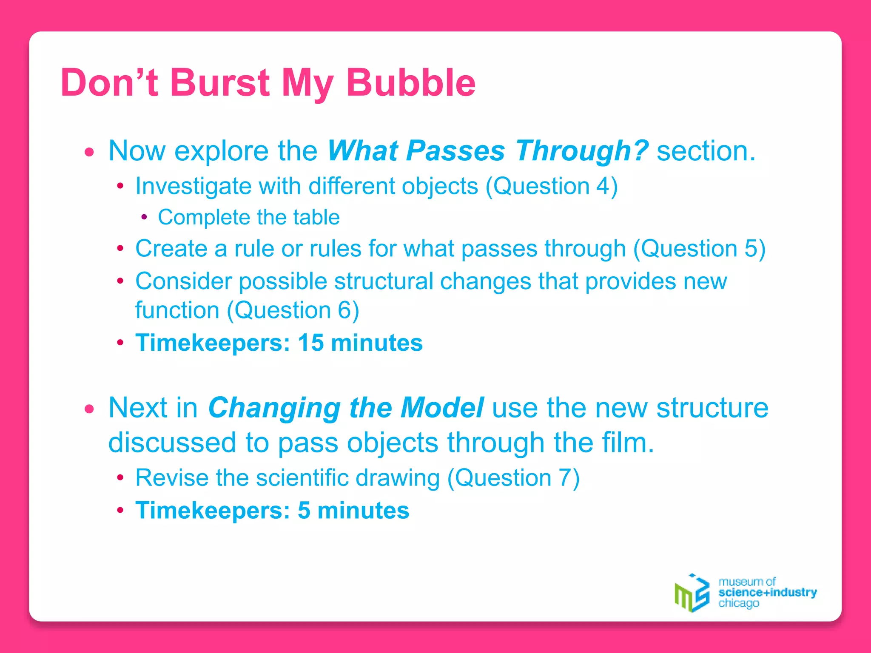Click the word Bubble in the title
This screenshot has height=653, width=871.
point(410,82)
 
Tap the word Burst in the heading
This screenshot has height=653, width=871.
point(219,82)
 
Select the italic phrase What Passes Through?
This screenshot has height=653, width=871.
point(487,150)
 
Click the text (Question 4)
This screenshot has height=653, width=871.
point(552,186)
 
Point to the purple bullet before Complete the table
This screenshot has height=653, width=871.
point(144,217)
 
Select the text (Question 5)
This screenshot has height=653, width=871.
point(699,248)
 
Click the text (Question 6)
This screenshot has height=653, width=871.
point(293,310)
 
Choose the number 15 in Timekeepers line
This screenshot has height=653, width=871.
point(310,343)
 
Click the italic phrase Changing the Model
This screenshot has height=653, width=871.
point(345,407)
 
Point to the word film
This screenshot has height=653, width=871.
point(627,443)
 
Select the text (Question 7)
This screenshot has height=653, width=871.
point(513,478)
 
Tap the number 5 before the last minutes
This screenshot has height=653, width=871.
point(304,510)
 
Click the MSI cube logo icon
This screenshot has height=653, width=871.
point(692,593)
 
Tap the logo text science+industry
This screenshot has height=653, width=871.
point(767,592)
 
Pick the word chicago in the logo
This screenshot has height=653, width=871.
point(738,603)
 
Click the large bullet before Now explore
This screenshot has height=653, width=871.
point(89,152)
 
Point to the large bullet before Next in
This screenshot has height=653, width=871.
point(89,409)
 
